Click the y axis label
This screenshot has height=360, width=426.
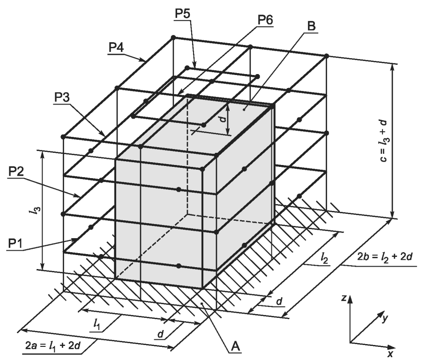[x=386, y=318]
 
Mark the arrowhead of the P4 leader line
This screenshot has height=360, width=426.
[x=145, y=60]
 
